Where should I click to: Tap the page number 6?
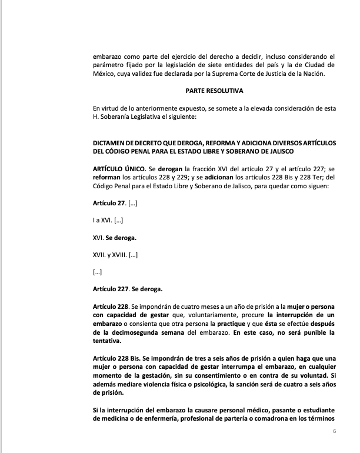click(x=334, y=431)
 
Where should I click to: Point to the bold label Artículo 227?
click(x=111, y=289)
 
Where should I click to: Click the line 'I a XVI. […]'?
click(x=108, y=221)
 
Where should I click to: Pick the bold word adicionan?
click(x=222, y=178)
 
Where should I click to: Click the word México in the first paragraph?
click(x=104, y=74)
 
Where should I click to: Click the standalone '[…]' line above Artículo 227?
click(x=98, y=272)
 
